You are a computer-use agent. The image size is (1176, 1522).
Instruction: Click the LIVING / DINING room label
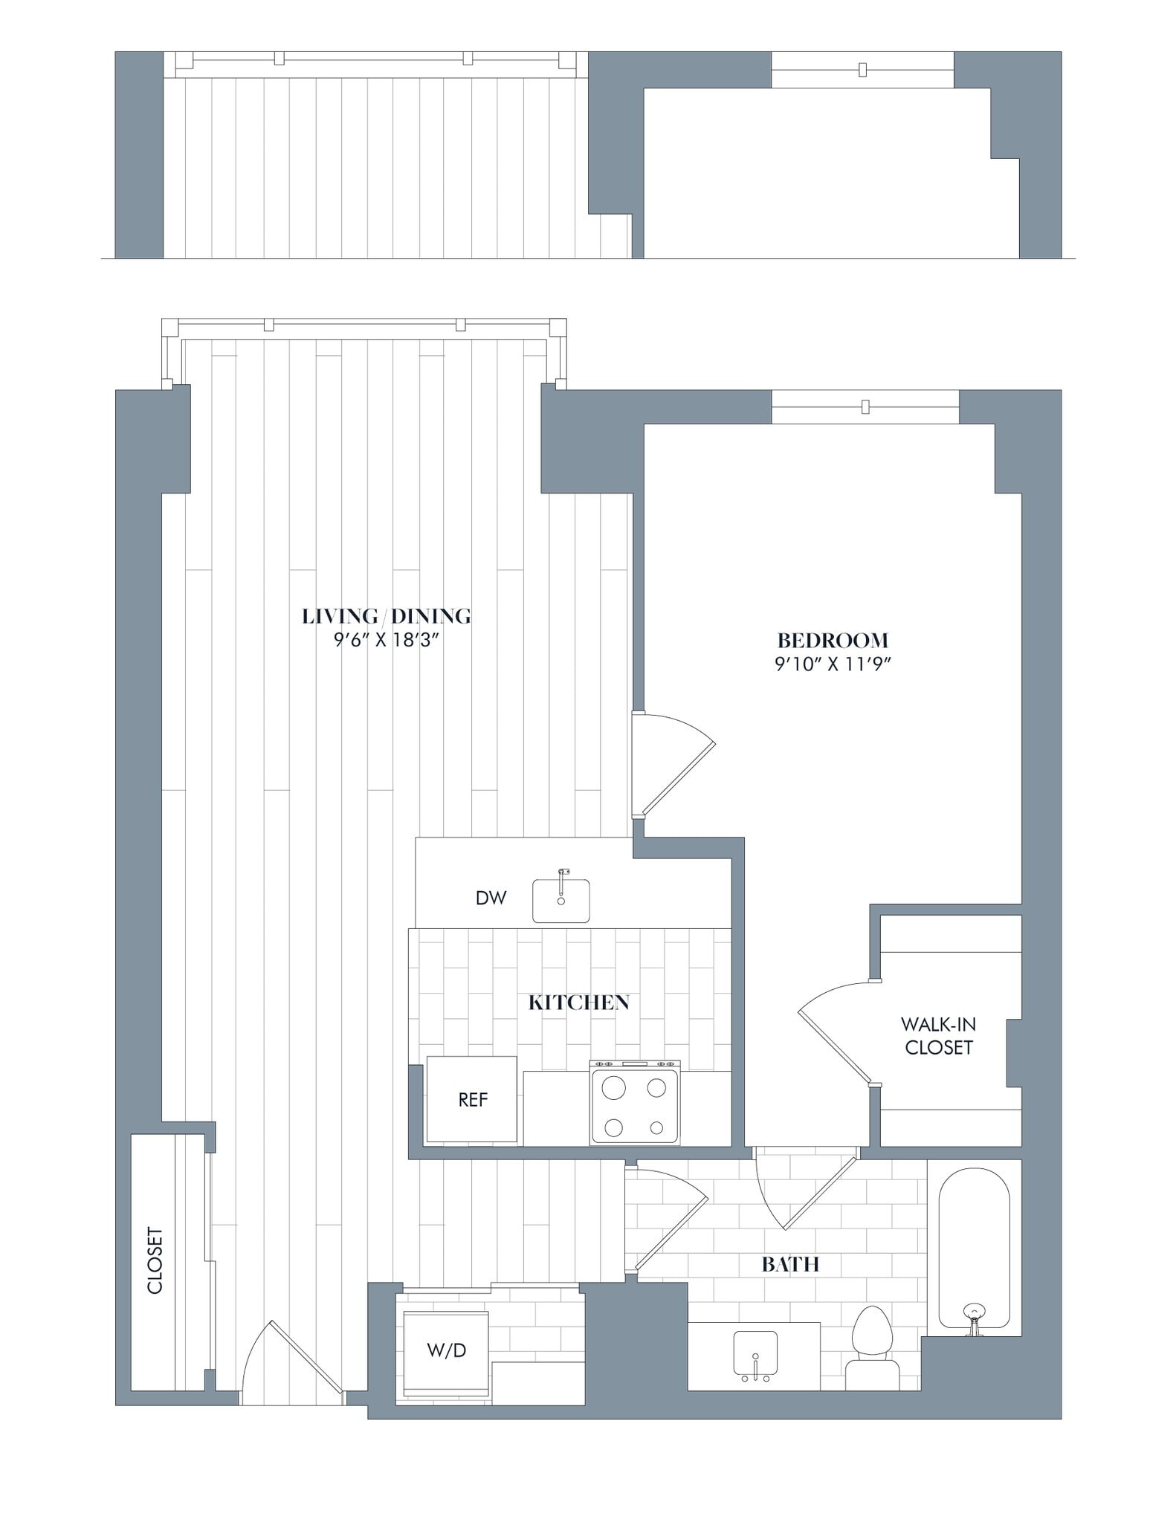[x=386, y=615]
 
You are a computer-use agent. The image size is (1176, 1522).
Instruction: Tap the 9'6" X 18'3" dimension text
[x=386, y=641]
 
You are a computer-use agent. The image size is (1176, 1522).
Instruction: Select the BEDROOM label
[x=833, y=640]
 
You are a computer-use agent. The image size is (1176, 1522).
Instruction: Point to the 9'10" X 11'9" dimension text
[x=833, y=664]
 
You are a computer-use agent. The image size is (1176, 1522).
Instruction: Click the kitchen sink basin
[x=561, y=901]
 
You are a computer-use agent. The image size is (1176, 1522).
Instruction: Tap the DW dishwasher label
[x=491, y=898]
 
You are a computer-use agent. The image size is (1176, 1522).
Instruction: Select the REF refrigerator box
[x=472, y=1099]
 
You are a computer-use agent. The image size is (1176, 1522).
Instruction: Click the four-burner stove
[x=635, y=1102]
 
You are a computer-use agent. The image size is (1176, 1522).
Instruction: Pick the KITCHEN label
[x=578, y=1003]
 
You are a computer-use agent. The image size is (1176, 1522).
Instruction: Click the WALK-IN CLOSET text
[x=938, y=1035]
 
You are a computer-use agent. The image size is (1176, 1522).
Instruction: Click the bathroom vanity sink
[x=755, y=1354]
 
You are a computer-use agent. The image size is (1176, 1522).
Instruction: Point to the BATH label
[x=790, y=1264]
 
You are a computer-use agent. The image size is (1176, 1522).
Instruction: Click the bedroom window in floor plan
[x=865, y=407]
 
